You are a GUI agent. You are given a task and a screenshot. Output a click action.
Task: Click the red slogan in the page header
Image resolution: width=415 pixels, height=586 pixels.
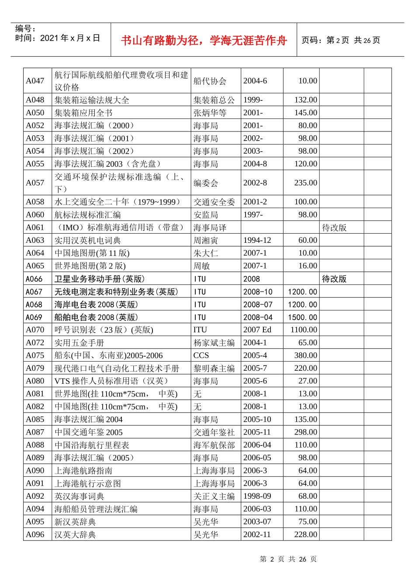pos(204,41)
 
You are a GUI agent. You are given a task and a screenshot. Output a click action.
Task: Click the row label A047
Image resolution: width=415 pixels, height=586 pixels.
pos(35,81)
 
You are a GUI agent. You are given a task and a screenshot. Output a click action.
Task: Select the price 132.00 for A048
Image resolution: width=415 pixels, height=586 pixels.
pos(305,100)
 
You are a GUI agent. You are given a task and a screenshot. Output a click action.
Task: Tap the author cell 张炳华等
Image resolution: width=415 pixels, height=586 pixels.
pos(210,113)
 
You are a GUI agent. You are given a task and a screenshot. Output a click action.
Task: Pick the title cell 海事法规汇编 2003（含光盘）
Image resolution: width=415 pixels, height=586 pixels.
pos(107,164)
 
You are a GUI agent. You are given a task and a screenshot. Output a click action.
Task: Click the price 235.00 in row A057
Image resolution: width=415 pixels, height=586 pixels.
pos(305,183)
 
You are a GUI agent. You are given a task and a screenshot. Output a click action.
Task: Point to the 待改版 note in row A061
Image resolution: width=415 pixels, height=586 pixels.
pos(334,228)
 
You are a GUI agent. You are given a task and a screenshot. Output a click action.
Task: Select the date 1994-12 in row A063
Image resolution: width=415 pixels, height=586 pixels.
pos(257,240)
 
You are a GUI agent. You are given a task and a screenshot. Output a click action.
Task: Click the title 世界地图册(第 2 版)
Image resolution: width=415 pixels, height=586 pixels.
pos(90,266)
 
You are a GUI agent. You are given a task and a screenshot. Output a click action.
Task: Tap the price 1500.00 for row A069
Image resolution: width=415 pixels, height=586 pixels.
pos(302,317)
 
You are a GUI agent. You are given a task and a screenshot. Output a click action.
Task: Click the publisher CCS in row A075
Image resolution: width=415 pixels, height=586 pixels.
pos(201,355)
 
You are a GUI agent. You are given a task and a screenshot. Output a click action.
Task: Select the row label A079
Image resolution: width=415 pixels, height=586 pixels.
pos(35,368)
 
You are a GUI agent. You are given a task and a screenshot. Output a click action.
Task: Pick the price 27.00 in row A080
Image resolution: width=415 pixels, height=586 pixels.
pos(308,381)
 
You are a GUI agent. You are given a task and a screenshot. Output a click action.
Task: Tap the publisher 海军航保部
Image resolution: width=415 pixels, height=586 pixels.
pos(214,445)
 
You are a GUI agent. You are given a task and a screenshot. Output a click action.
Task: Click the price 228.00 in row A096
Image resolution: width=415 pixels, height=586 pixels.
pos(305,534)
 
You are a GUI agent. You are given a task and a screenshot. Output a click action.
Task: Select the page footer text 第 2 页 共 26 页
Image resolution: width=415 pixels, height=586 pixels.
pos(288,559)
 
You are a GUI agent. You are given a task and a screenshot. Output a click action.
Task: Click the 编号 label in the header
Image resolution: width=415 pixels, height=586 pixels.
pos(25,29)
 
